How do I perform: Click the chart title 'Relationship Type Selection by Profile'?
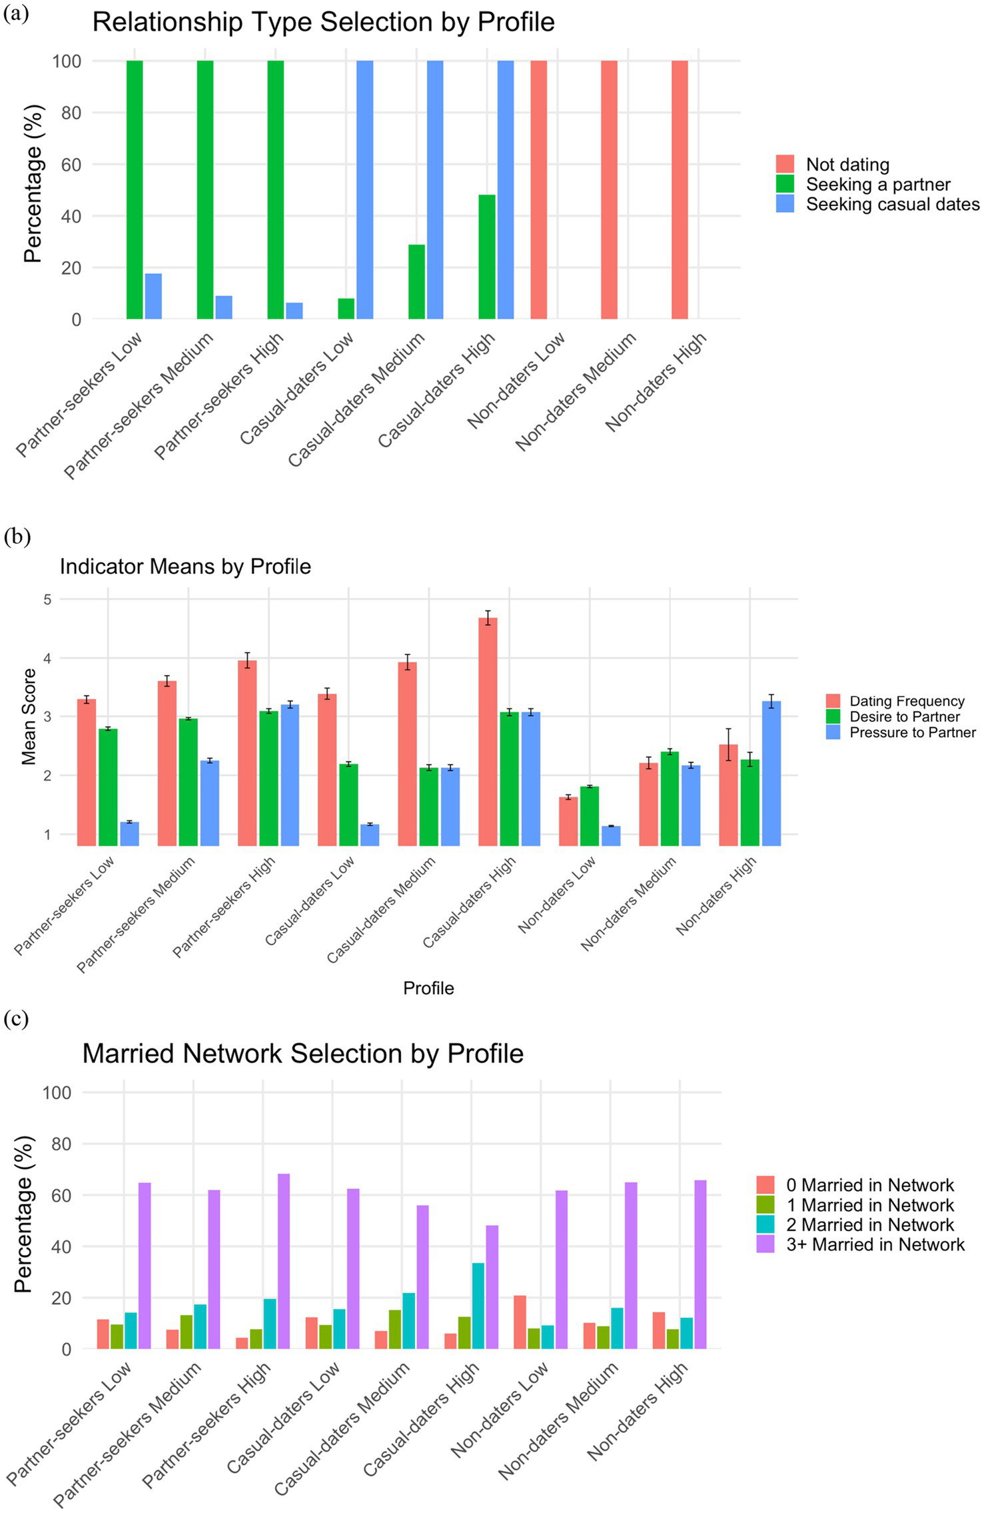coord(323,22)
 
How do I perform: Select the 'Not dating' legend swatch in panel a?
coord(785,165)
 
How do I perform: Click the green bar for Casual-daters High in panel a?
coord(487,257)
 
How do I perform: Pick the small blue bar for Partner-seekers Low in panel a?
coord(153,296)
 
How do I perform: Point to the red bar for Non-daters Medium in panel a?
coord(609,190)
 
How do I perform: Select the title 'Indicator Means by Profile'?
coord(185,567)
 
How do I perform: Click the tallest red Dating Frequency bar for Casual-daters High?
coord(488,731)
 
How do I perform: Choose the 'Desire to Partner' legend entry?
coord(904,717)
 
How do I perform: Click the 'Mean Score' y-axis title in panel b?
coord(29,717)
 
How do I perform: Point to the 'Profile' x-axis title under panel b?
coord(428,988)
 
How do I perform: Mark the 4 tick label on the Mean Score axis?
coord(47,659)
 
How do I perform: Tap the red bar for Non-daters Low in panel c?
coord(520,1322)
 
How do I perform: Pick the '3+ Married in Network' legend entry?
coord(875,1244)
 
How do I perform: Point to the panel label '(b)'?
coord(16,537)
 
